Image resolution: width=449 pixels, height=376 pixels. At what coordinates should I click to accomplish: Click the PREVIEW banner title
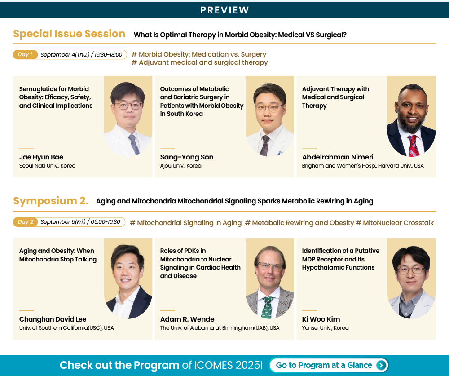click(224, 10)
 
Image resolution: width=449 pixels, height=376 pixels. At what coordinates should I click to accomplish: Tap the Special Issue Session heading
click(69, 34)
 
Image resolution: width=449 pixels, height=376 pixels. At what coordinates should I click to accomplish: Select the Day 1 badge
click(25, 54)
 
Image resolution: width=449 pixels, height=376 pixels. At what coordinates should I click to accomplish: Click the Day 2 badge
click(25, 222)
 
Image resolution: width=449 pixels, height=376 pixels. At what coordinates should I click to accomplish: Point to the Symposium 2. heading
click(51, 201)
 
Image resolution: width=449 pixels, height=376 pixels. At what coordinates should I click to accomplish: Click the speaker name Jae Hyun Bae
click(41, 157)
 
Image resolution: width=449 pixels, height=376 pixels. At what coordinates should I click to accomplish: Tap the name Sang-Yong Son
click(187, 157)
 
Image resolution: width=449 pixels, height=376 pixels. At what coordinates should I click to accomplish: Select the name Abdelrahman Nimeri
click(338, 157)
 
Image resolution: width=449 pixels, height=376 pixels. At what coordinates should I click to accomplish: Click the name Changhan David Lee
click(53, 319)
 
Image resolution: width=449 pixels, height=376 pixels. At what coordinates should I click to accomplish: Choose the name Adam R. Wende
click(187, 319)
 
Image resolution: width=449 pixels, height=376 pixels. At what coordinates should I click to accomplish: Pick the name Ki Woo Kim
click(321, 319)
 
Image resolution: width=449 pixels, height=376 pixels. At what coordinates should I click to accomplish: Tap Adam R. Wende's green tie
click(268, 308)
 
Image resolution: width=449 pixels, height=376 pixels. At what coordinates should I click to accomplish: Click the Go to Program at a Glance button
click(329, 365)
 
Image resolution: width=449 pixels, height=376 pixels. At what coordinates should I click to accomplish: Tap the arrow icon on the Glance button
click(381, 365)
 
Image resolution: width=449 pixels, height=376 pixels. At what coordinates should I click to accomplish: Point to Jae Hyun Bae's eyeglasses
click(128, 106)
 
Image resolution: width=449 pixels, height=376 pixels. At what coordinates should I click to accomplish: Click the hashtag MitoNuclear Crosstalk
click(395, 223)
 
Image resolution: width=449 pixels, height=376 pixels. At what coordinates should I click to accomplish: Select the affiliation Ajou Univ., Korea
click(180, 166)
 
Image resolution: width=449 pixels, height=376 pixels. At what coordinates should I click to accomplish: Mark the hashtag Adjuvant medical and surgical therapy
click(200, 62)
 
